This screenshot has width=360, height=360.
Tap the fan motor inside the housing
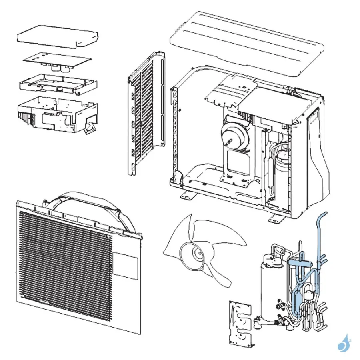[x=234, y=134]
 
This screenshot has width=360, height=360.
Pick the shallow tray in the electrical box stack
[x=58, y=84]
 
